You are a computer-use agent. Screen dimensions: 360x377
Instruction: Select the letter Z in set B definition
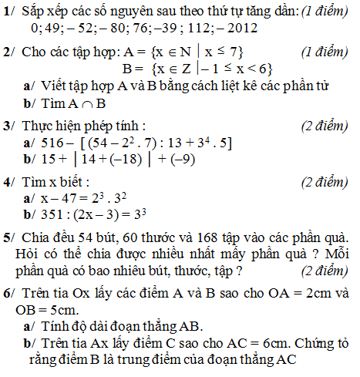click(158, 68)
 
